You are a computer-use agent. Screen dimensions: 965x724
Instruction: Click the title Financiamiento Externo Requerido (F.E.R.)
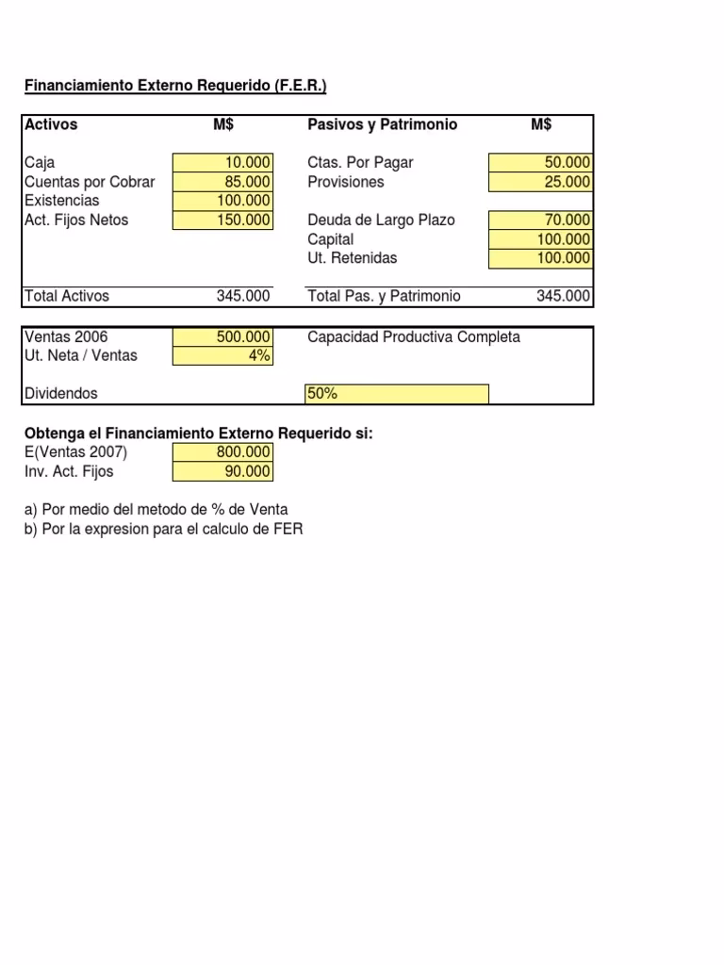[x=175, y=87]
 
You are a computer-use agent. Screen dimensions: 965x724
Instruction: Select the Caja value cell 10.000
[x=223, y=163]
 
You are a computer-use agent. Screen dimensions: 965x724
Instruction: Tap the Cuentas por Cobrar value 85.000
[x=223, y=182]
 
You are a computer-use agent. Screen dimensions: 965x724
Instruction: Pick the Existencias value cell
[x=223, y=201]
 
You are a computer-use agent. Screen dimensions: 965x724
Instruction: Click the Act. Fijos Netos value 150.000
[x=223, y=221]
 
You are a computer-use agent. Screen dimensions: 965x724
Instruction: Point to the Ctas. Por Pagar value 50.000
[x=540, y=163]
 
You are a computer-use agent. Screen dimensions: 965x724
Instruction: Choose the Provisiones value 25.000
[x=540, y=182]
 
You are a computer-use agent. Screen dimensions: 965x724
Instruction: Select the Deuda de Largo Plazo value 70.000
[x=540, y=221]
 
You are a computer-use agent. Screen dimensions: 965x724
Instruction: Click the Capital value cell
[x=540, y=239]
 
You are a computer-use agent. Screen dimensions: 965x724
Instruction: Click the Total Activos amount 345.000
[x=243, y=296]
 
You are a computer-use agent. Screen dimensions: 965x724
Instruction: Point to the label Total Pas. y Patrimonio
[x=385, y=296]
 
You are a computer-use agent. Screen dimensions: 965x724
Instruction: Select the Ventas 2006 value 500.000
[x=223, y=337]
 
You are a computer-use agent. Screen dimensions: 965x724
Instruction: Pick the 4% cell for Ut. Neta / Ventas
[x=223, y=356]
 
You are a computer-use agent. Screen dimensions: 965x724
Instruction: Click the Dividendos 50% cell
[x=397, y=394]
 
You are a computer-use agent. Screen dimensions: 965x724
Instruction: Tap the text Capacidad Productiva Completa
[x=414, y=337]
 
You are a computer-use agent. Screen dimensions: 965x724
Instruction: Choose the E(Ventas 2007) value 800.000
[x=223, y=452]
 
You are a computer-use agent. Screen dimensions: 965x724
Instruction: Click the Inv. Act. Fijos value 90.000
[x=223, y=471]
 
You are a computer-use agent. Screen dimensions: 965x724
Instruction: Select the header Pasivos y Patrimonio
[x=383, y=125]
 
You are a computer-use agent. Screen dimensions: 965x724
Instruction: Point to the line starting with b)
[x=164, y=530]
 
